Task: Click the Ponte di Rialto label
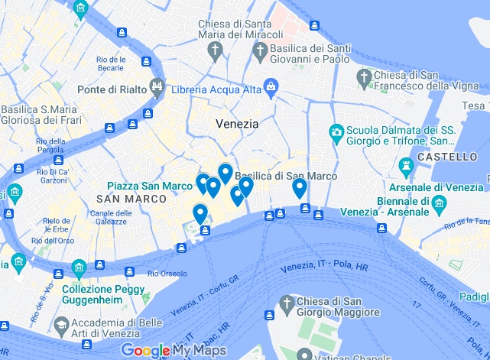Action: click(x=112, y=89)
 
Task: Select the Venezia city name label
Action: click(x=237, y=123)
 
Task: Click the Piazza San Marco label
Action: click(x=149, y=186)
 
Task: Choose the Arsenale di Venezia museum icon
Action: click(x=405, y=165)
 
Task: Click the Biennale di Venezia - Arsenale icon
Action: click(x=439, y=203)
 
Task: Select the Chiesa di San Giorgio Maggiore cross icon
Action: click(x=287, y=304)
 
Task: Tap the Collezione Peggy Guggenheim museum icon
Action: click(x=79, y=268)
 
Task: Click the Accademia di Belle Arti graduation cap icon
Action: click(x=60, y=325)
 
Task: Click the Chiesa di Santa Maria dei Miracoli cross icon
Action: click(x=216, y=51)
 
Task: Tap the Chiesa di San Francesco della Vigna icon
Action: click(x=365, y=77)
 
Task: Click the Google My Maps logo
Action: click(x=167, y=351)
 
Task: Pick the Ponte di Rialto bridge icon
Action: click(x=157, y=89)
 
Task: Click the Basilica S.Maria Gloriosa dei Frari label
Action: click(x=39, y=115)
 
